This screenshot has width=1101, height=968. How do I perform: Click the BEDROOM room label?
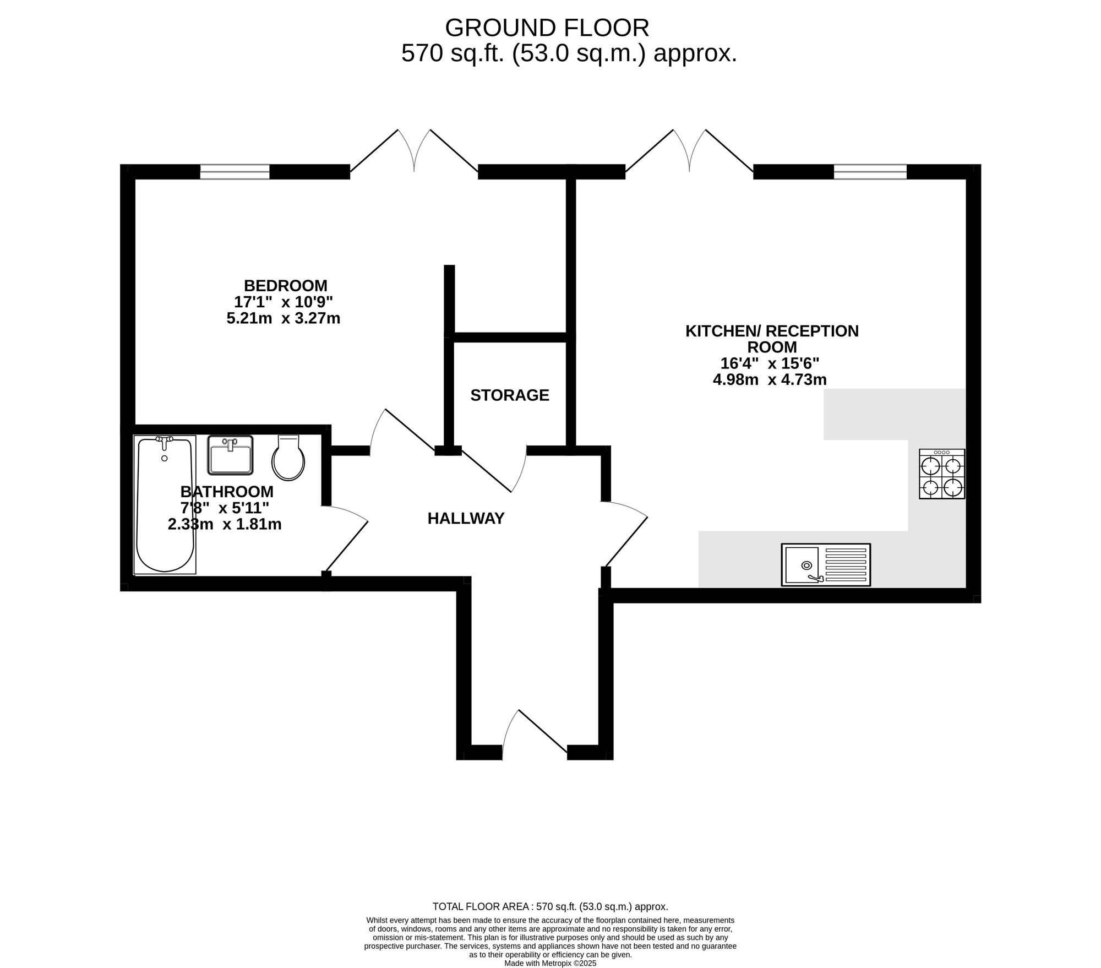[285, 286]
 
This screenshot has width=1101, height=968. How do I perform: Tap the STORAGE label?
[510, 395]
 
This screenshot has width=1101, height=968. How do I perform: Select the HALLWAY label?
[466, 519]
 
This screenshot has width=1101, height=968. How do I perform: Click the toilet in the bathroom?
[288, 458]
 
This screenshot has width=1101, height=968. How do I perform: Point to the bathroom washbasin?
[230, 455]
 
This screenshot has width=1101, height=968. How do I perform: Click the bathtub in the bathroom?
[165, 505]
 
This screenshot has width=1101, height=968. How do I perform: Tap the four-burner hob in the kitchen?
[942, 474]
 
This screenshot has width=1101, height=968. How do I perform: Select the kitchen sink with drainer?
[826, 564]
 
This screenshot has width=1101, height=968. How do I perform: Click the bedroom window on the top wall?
[235, 172]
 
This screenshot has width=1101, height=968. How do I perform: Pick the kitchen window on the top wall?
[870, 172]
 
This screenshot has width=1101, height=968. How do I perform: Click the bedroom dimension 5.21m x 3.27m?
[284, 318]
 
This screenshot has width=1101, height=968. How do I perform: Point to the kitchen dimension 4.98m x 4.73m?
[770, 379]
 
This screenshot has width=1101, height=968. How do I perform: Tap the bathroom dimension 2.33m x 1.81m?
[225, 524]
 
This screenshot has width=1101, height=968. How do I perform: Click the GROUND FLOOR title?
[547, 28]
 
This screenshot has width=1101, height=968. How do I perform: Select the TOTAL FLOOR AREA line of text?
[550, 906]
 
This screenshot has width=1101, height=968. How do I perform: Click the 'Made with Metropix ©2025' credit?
[550, 964]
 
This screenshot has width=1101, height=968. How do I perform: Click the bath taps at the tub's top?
[165, 439]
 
